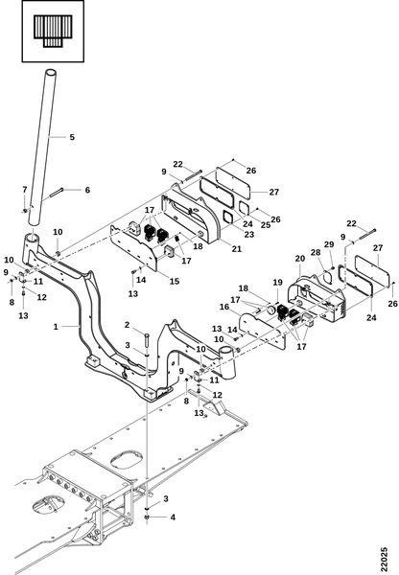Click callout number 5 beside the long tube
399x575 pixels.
[72, 137]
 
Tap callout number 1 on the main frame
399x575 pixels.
[56, 327]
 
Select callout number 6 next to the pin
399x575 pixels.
[87, 190]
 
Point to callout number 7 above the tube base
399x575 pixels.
[25, 190]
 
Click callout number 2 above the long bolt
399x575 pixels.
[127, 325]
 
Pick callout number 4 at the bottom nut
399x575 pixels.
[173, 517]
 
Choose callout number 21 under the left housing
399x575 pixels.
[237, 248]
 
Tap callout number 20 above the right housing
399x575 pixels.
[300, 259]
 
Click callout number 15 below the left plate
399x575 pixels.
[175, 281]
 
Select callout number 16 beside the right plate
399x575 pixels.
[224, 307]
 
